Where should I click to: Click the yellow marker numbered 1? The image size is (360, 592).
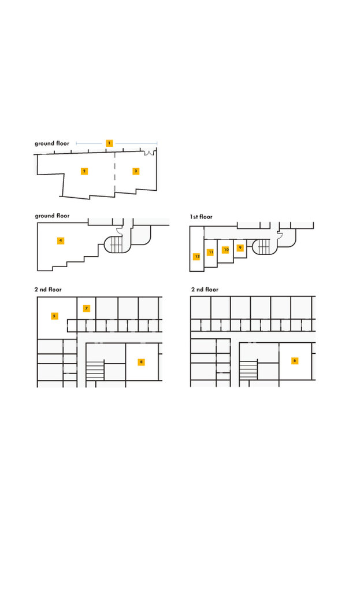(x=109, y=143)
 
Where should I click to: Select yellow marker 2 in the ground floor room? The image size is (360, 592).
(x=84, y=171)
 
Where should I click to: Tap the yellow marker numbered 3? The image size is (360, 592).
(x=136, y=171)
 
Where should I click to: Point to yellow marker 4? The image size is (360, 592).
(x=60, y=240)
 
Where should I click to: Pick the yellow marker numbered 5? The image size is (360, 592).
(x=54, y=316)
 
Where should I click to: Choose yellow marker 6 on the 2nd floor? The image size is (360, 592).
(x=295, y=361)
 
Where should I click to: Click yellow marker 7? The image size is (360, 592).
(x=87, y=309)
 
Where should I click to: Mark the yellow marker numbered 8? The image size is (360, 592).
(x=141, y=362)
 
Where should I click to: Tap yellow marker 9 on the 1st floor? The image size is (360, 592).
(x=240, y=247)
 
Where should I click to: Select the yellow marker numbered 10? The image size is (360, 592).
(x=226, y=250)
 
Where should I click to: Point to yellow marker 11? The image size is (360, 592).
(x=210, y=252)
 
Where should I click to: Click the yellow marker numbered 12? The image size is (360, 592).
(x=196, y=256)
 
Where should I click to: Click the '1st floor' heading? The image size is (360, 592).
(x=201, y=217)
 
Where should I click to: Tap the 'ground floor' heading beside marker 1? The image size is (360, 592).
(x=52, y=143)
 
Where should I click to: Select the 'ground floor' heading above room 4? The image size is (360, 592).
(x=52, y=216)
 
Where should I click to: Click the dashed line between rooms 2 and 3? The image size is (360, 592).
(x=115, y=172)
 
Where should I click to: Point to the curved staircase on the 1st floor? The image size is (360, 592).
(x=263, y=246)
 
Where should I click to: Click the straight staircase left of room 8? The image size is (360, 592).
(x=95, y=371)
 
